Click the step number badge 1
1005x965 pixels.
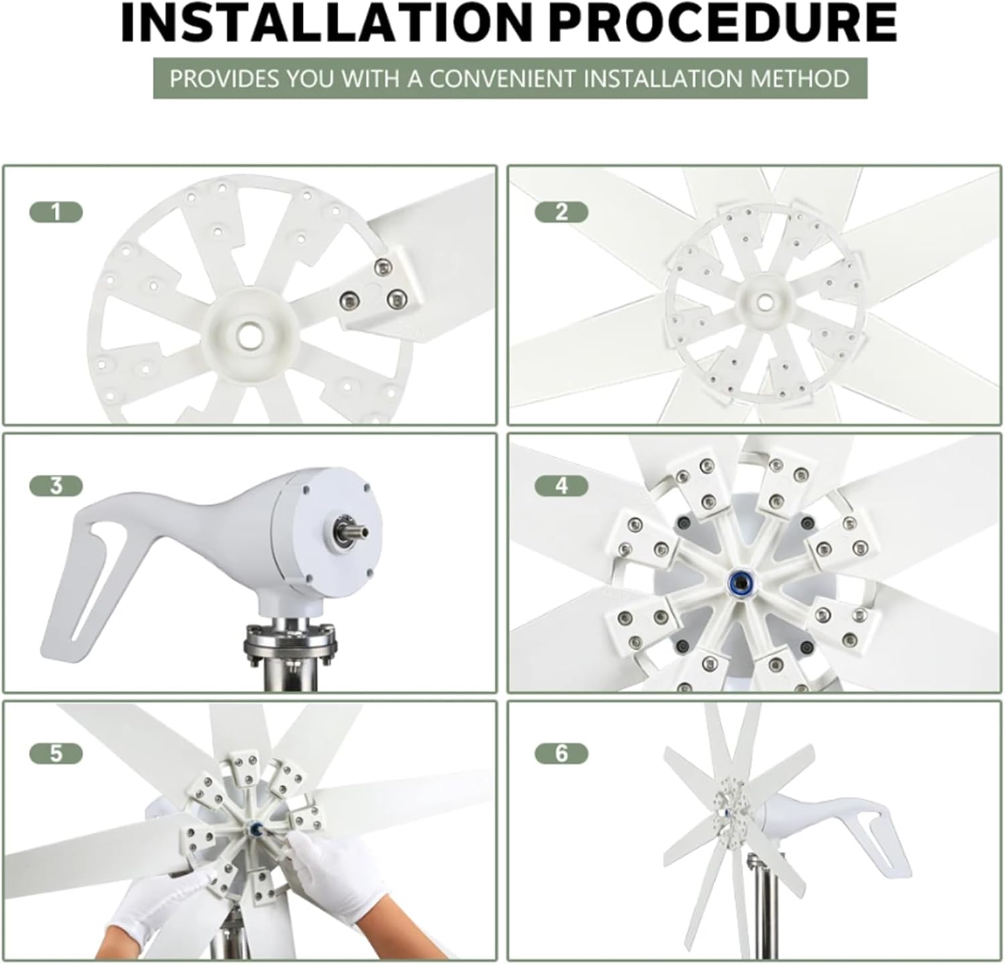[x=56, y=213]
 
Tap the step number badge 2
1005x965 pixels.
[x=561, y=213]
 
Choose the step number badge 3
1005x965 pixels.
[x=56, y=486]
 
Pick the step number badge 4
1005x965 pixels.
[x=561, y=486]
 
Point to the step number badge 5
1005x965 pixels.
[x=56, y=753]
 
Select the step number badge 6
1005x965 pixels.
[x=561, y=753]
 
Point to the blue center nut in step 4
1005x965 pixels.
[x=742, y=579]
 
